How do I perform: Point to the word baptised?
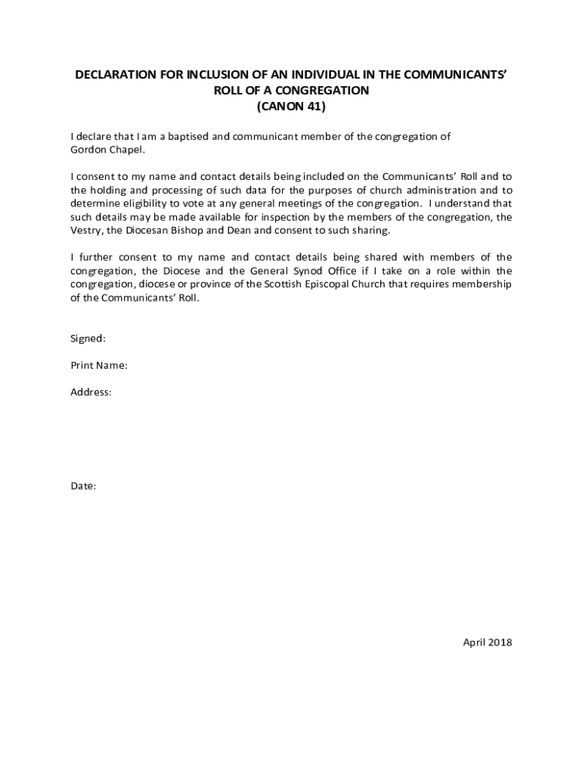click(190, 137)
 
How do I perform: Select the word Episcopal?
click(376, 284)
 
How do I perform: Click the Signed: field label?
click(88, 339)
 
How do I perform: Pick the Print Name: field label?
click(99, 366)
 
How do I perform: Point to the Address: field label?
click(91, 392)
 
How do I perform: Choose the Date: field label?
click(83, 486)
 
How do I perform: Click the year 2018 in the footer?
click(500, 642)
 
